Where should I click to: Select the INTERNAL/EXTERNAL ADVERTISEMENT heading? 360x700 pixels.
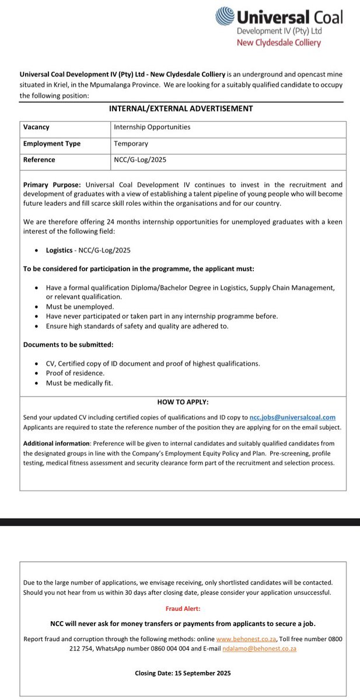pos(181,108)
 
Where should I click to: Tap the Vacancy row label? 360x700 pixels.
pos(36,127)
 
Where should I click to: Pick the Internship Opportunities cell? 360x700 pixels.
pos(152,127)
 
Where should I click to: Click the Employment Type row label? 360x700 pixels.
pos(52,143)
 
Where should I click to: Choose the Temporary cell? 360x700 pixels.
pos(131,143)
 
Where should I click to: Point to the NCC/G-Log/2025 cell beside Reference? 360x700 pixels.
pos(142,159)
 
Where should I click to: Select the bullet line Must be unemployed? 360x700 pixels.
pos(80,306)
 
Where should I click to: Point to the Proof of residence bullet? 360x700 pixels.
pos(75,373)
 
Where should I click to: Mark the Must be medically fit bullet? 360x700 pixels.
pos(79,383)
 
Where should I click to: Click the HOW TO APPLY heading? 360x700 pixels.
pos(183,402)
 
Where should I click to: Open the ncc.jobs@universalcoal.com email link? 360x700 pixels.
pos(292,417)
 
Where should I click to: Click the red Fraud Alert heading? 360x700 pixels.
pos(183,608)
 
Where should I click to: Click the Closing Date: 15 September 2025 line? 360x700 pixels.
pos(183,673)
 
